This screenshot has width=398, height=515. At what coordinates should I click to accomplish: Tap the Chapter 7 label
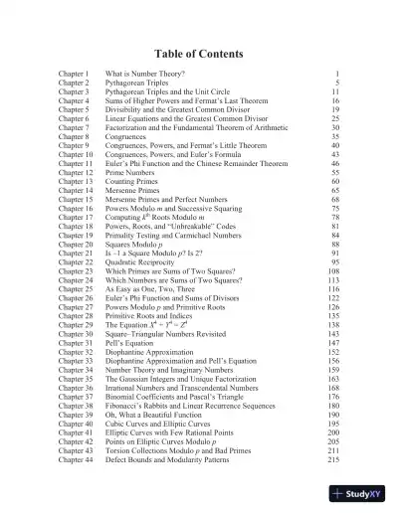coord(75,127)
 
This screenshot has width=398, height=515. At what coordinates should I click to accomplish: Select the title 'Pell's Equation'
coord(130,343)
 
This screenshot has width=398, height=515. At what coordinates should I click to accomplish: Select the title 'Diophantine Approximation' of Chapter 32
coord(152,352)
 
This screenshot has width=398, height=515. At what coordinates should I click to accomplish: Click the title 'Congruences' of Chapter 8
coord(127,136)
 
